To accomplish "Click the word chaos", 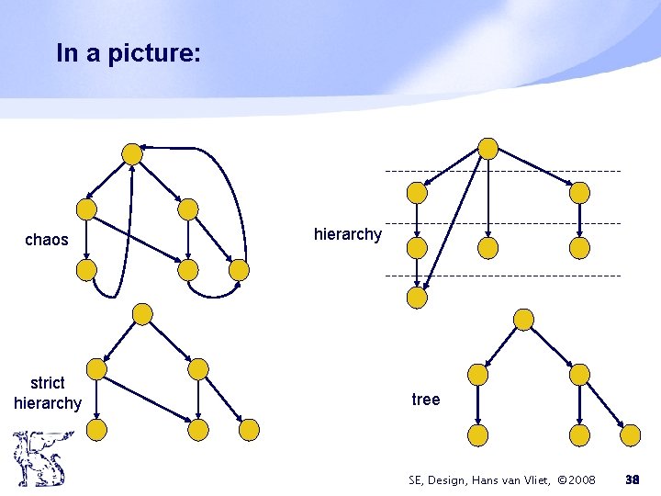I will click(x=47, y=240).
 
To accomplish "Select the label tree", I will click(x=426, y=400).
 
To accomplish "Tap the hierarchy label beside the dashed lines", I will click(x=347, y=234).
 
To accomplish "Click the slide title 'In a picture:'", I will click(x=127, y=53).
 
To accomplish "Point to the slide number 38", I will click(x=632, y=479).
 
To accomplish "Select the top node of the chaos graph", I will click(x=132, y=152).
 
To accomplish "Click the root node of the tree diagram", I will click(x=523, y=320).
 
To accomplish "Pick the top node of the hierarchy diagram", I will click(x=488, y=149).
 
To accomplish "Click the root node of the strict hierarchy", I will click(x=142, y=314).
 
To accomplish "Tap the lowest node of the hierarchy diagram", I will click(x=417, y=298).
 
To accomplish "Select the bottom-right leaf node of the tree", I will click(x=630, y=434).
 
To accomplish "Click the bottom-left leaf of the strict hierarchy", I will click(x=96, y=429).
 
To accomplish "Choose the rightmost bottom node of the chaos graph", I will click(x=239, y=270).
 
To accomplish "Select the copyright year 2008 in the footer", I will click(x=581, y=479).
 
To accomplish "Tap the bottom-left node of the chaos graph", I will click(x=86, y=269).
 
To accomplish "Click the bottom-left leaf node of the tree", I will click(x=477, y=434).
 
